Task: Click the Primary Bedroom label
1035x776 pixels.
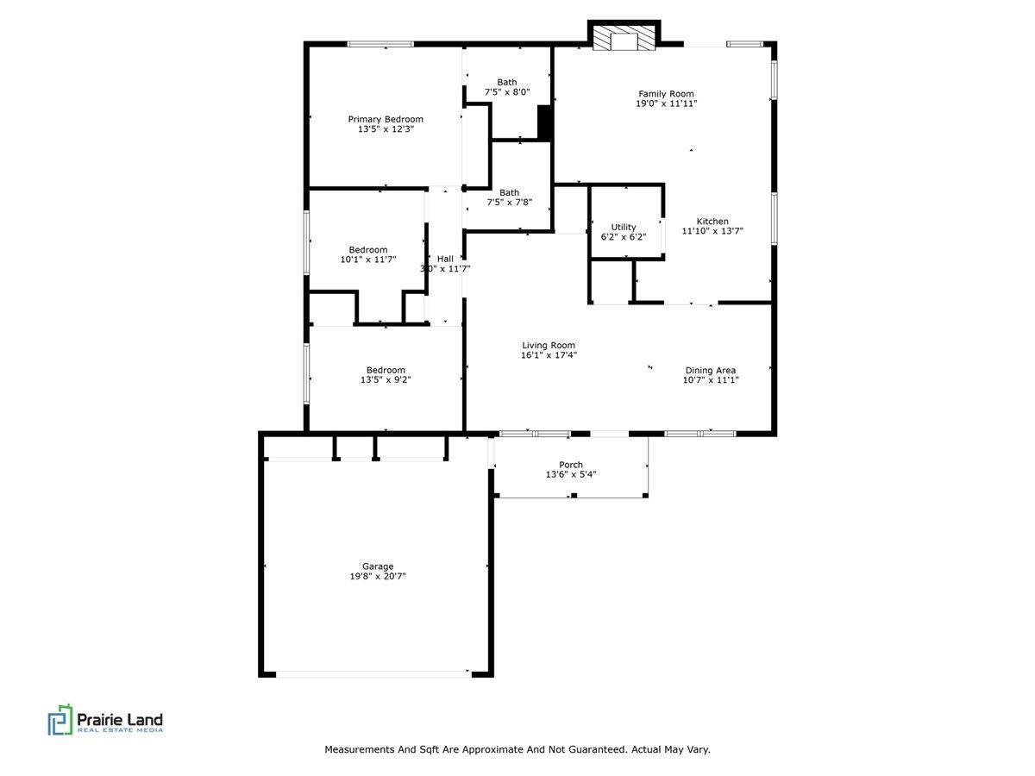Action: (x=386, y=119)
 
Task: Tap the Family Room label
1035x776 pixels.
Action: (x=666, y=94)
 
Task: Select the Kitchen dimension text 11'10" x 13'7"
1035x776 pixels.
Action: (x=712, y=231)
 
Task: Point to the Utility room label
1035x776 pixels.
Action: (x=624, y=227)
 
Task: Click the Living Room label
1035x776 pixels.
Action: (x=549, y=346)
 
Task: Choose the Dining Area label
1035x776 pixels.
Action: (x=710, y=371)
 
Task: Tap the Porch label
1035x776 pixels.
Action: (x=571, y=465)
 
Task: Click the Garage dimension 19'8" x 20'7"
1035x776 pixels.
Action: (x=377, y=576)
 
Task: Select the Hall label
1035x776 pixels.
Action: (x=445, y=259)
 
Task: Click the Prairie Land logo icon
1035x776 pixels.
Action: (x=60, y=719)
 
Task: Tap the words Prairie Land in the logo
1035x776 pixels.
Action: (x=120, y=719)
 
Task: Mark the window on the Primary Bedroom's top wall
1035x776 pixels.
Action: (x=380, y=44)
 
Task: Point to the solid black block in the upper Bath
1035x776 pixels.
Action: (x=544, y=122)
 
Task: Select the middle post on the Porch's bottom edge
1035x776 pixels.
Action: (x=574, y=495)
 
